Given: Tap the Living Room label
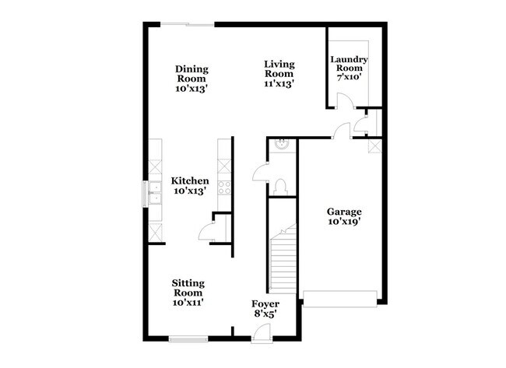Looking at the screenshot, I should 278,74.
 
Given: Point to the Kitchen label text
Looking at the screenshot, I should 190,180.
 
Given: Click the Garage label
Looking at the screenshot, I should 343,211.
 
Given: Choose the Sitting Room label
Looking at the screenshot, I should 188,286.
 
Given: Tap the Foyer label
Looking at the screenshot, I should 265,303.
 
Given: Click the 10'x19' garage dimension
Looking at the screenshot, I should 343,221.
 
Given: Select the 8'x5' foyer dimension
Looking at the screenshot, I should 265,314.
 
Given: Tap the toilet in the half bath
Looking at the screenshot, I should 284,184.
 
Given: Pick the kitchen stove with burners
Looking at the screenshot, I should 225,186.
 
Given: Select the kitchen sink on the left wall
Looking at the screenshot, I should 156,194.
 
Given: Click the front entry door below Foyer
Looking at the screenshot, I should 262,335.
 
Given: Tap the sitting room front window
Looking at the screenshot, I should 188,338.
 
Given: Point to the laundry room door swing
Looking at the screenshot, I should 343,100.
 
